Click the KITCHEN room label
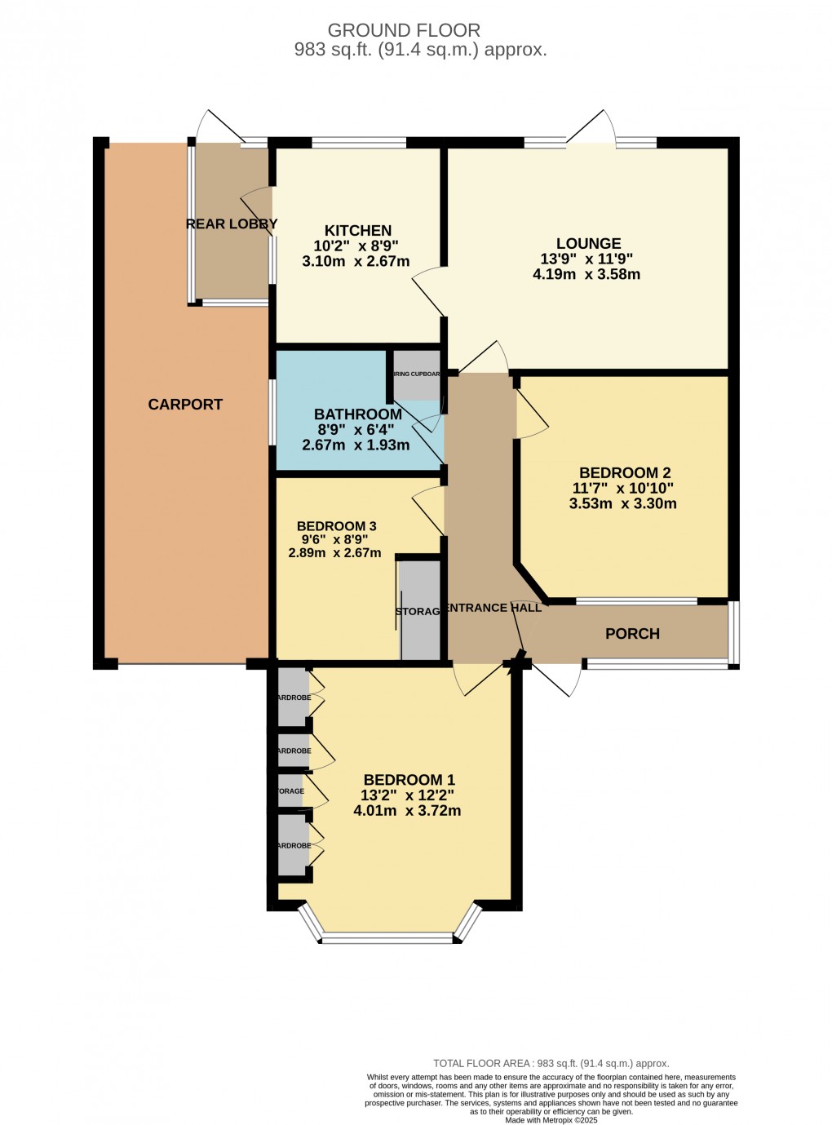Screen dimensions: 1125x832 (358, 231)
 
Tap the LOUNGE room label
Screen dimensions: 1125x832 (588, 243)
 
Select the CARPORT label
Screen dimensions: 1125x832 (185, 405)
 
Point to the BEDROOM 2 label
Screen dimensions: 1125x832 (624, 473)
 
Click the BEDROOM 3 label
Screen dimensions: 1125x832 (336, 526)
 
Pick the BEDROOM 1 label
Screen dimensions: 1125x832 (409, 780)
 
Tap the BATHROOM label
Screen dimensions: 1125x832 (358, 414)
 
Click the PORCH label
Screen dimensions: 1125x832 (632, 634)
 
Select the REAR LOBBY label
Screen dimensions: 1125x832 (232, 224)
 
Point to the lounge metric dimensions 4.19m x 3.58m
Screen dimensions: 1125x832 (586, 275)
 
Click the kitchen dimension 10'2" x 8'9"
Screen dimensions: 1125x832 (356, 246)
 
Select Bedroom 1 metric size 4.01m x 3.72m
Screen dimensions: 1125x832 (407, 811)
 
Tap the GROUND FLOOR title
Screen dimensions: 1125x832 (404, 31)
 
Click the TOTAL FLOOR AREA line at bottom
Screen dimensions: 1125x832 (551, 1063)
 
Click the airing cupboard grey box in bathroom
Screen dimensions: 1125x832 (417, 375)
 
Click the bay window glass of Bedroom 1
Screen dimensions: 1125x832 (387, 938)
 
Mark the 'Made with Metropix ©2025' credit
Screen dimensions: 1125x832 (551, 1120)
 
